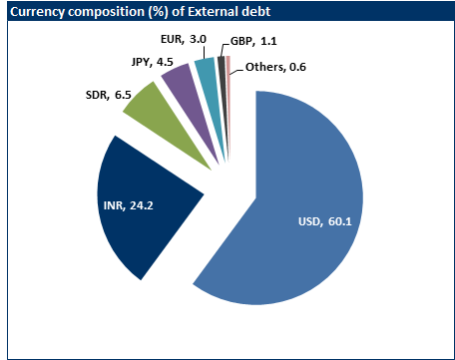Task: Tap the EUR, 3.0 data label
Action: [184, 38]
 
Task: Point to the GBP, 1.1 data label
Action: [254, 42]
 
